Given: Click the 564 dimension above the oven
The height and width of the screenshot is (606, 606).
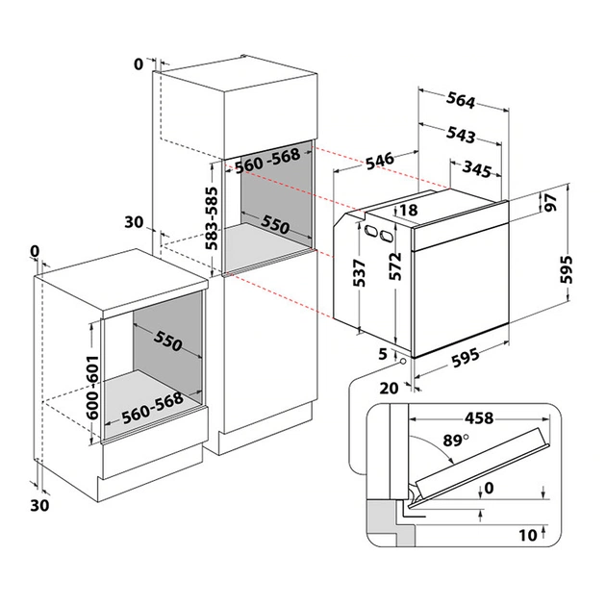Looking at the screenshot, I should (x=465, y=98).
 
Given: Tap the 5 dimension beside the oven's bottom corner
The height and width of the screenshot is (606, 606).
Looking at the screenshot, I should (x=383, y=354).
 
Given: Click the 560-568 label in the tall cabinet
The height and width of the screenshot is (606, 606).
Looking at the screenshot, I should (x=268, y=164).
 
